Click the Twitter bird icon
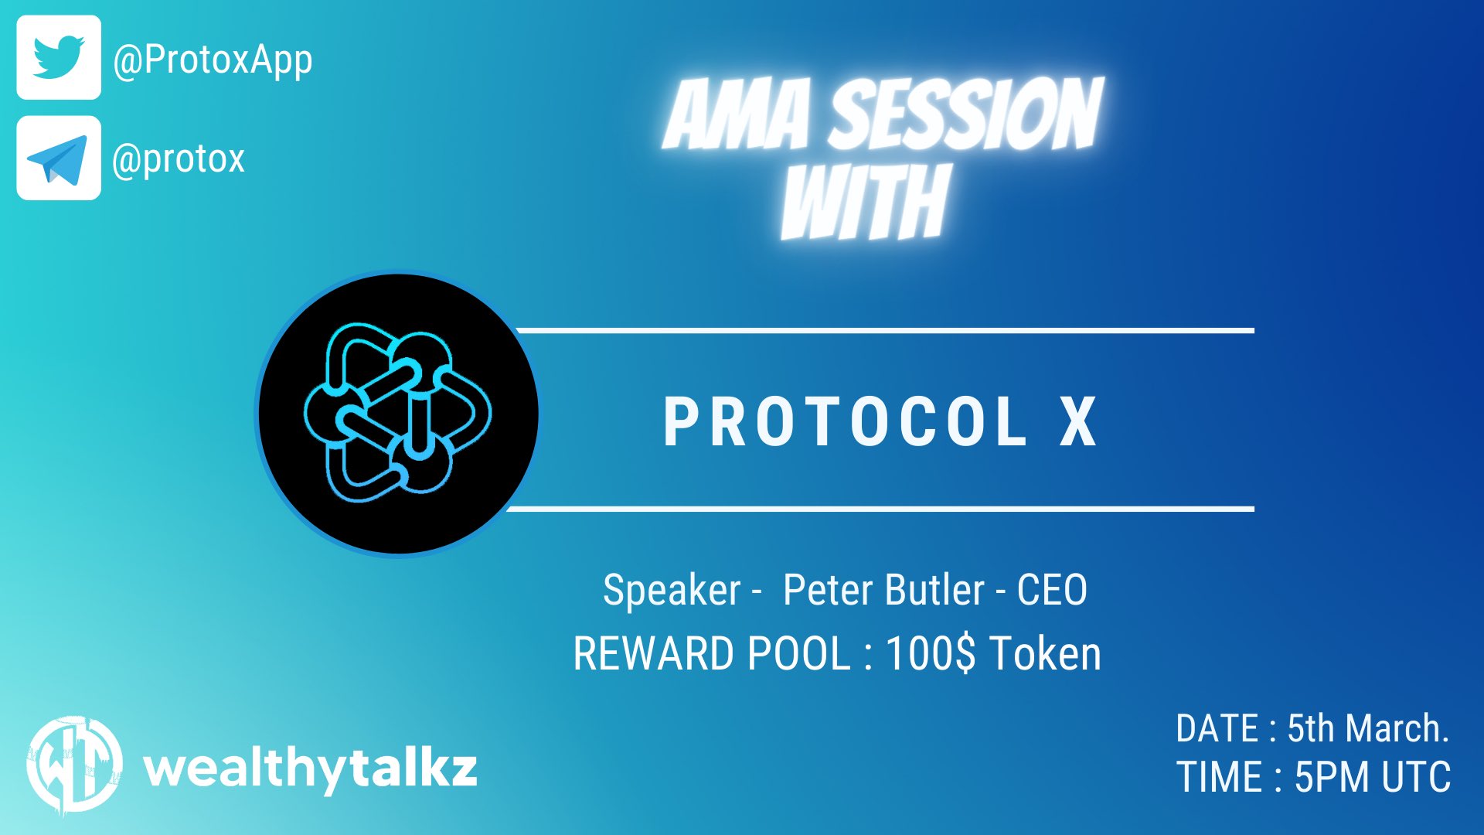click(59, 57)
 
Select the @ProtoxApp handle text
click(213, 60)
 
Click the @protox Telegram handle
click(179, 158)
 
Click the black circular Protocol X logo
click(398, 413)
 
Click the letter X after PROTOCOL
click(1078, 421)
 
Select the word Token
click(1045, 653)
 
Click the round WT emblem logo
click(74, 765)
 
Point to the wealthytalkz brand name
click(311, 770)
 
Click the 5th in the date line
click(1311, 728)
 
